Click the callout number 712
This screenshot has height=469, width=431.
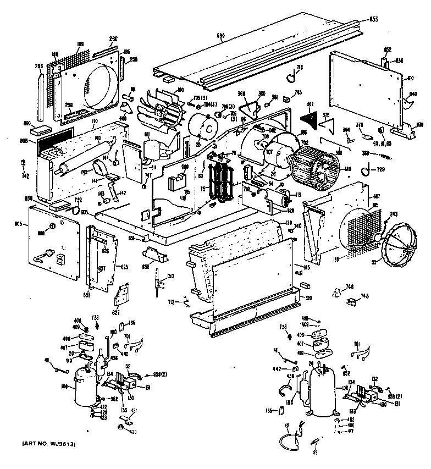pyautogui.click(x=172, y=301)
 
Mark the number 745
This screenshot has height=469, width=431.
pyautogui.click(x=297, y=92)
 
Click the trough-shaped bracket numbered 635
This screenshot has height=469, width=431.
pyautogui.click(x=156, y=255)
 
